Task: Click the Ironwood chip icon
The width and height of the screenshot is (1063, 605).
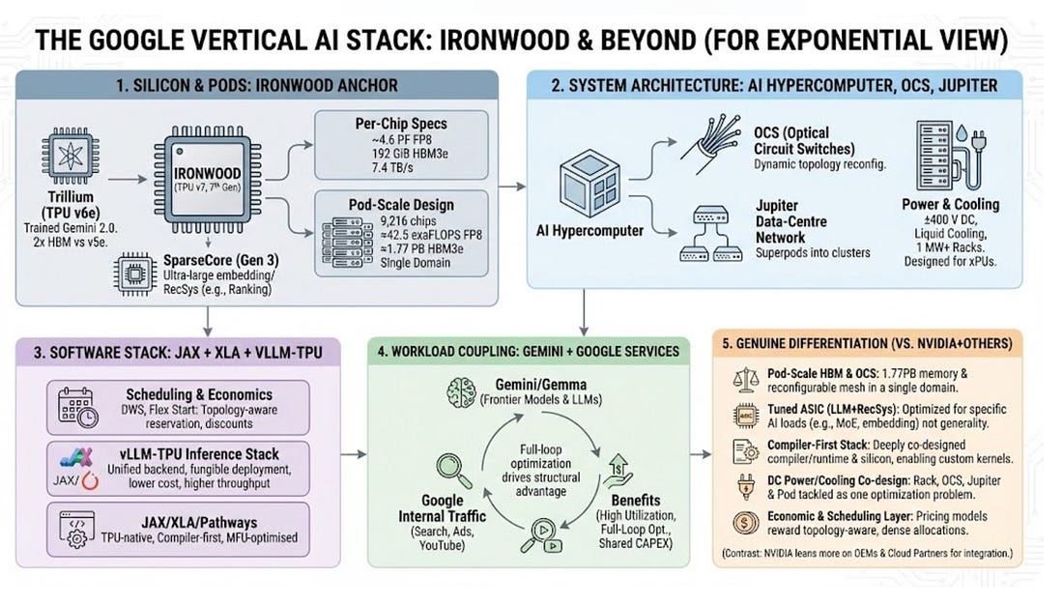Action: point(209,179)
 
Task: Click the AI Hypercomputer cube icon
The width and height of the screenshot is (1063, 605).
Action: point(590,189)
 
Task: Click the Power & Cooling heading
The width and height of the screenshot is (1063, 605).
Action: point(951,204)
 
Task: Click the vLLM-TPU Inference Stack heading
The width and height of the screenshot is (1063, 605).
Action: point(215,454)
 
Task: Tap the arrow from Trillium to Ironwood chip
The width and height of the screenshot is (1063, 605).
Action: point(129,179)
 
